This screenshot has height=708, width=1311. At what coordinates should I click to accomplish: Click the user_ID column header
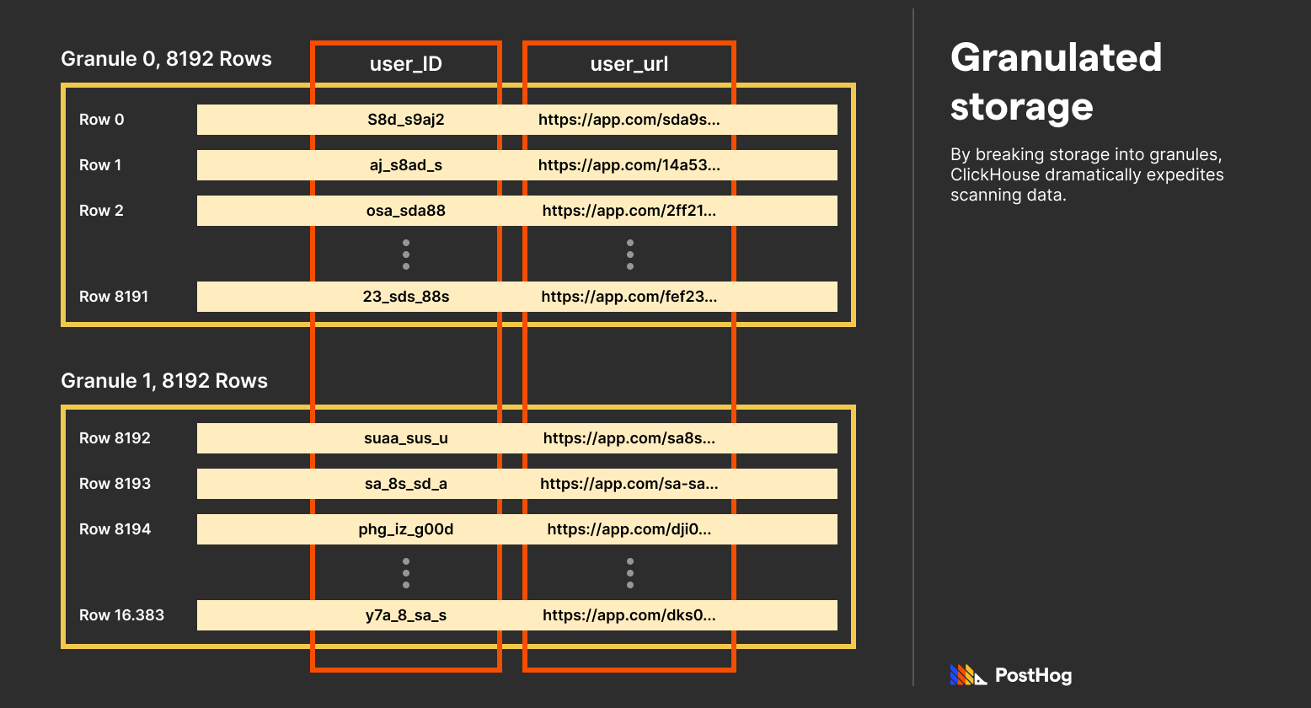coord(405,65)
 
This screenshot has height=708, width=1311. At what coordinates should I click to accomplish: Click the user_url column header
coord(629,65)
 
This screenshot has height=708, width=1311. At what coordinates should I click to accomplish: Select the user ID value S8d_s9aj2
coord(405,120)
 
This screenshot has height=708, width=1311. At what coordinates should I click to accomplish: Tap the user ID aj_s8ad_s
coord(405,165)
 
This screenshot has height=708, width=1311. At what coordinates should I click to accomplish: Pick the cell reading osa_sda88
coord(405,211)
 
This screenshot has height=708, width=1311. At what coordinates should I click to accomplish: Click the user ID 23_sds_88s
coord(405,297)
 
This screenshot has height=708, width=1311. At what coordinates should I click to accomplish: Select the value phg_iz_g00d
coord(405,529)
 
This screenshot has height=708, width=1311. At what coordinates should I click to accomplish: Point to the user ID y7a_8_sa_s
coord(405,615)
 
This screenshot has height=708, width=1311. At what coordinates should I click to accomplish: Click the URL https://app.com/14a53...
coord(629,165)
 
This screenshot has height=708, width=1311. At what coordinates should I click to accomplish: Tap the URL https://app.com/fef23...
coord(629,297)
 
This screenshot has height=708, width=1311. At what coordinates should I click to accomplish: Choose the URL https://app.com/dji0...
coord(629,529)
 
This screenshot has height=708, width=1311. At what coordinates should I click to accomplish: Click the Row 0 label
coord(101,120)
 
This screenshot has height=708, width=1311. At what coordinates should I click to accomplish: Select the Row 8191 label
coord(113,297)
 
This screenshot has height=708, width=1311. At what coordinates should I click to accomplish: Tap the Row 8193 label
coord(115,484)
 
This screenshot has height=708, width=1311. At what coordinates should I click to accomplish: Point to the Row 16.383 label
coord(121,615)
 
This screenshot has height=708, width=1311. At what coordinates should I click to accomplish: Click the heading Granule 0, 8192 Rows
coord(166,59)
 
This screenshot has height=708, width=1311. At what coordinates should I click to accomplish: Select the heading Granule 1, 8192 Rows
coord(164,381)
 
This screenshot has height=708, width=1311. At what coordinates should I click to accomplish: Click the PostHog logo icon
coord(968,675)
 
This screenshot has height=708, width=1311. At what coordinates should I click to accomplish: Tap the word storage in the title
coord(1021,107)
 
